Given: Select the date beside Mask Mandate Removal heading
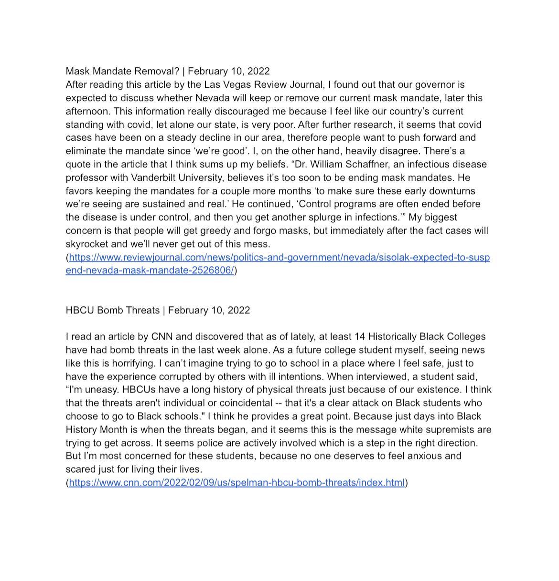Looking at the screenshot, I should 229,72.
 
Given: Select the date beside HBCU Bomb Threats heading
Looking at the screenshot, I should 209,311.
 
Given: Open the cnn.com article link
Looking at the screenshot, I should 236,483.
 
